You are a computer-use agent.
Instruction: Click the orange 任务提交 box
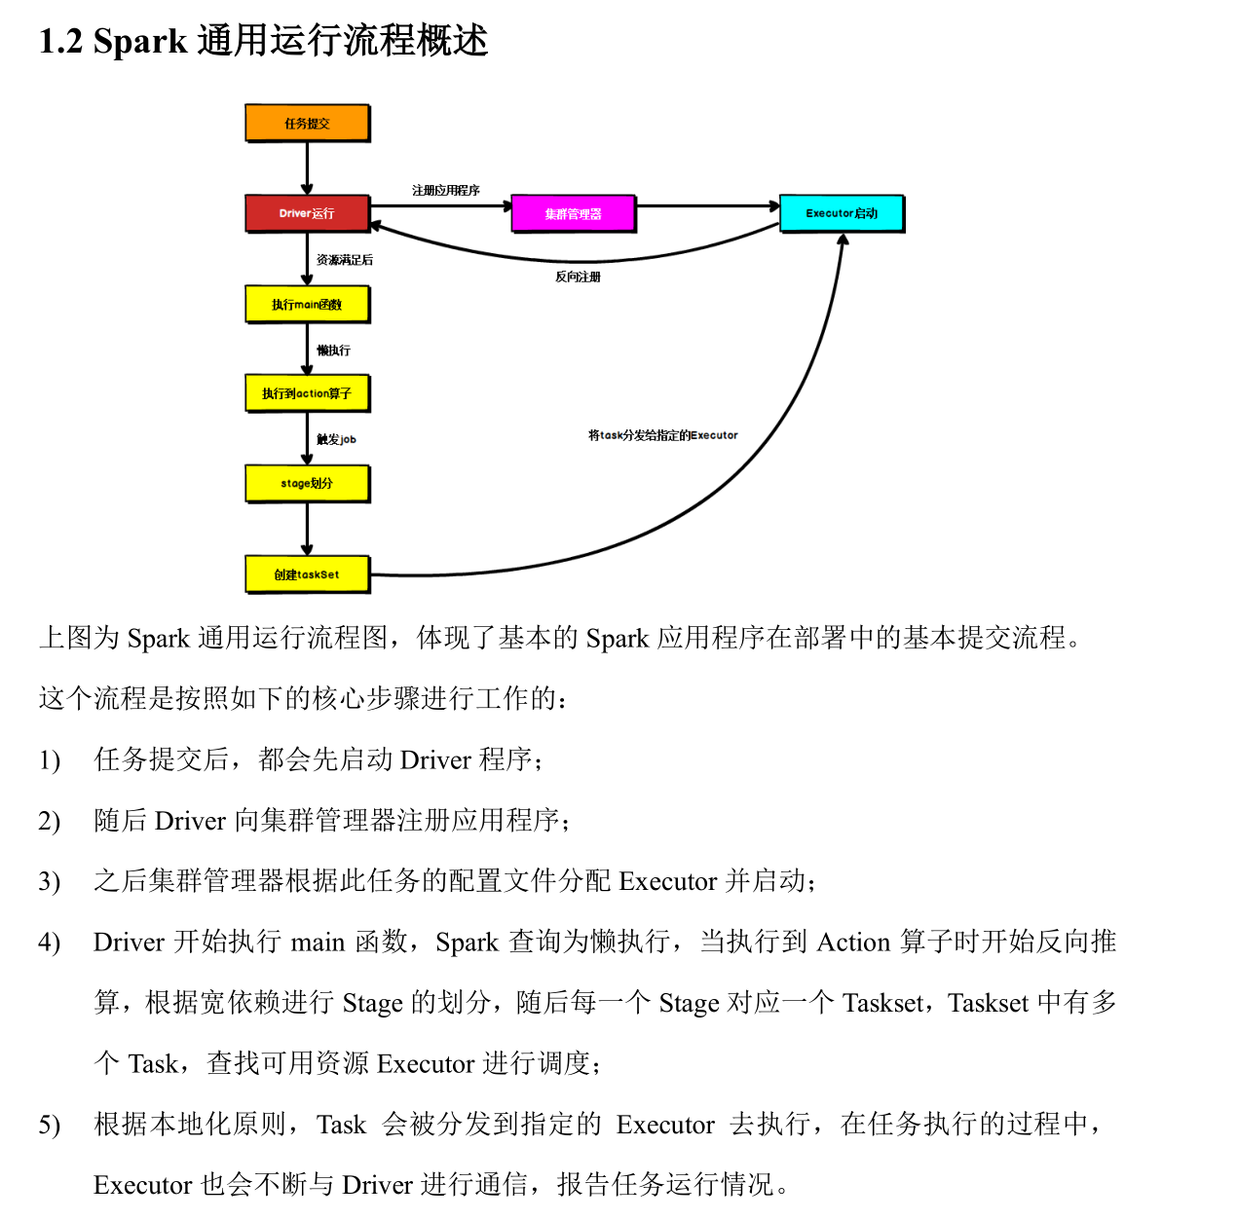click(x=307, y=124)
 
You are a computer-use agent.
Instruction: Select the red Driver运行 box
click(x=307, y=213)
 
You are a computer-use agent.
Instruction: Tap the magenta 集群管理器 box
click(x=573, y=214)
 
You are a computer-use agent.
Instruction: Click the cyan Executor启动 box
click(x=842, y=213)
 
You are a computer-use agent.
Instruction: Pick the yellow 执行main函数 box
click(x=307, y=305)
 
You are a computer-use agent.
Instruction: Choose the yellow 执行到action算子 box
click(x=307, y=393)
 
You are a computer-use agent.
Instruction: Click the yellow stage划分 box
click(x=307, y=483)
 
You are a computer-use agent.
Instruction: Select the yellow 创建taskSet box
click(x=307, y=574)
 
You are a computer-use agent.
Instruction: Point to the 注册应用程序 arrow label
click(x=445, y=191)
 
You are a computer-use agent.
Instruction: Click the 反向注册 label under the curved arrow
click(x=578, y=277)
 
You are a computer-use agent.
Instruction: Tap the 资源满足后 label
click(x=344, y=260)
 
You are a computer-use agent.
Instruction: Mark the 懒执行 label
click(x=333, y=351)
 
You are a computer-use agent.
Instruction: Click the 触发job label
click(x=336, y=440)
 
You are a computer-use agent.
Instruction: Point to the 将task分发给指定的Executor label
click(x=662, y=435)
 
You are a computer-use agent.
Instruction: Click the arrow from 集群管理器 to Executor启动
click(x=707, y=206)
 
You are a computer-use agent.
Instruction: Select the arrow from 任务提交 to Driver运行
click(x=307, y=168)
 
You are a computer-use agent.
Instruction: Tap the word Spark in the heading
click(x=139, y=42)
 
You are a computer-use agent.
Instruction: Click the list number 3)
click(x=49, y=882)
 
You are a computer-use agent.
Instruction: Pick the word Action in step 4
click(x=853, y=943)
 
